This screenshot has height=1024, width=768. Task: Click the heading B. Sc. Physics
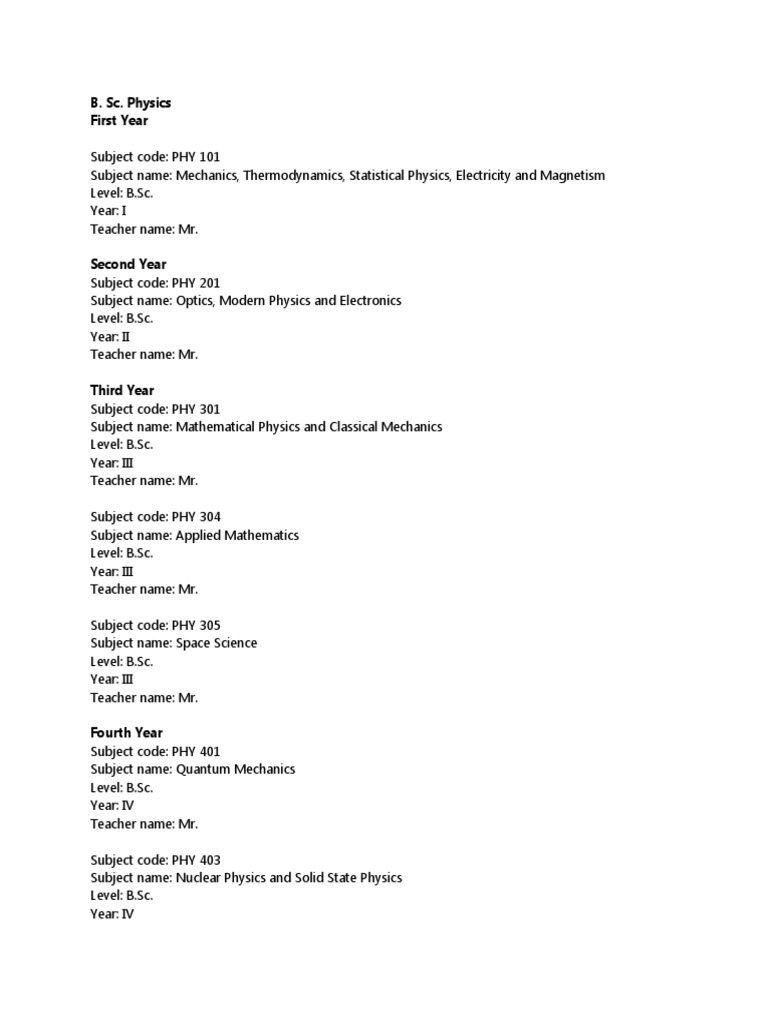point(130,102)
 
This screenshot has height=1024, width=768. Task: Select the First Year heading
point(119,120)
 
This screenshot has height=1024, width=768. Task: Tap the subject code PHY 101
point(196,157)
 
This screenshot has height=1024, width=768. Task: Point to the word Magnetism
point(572,175)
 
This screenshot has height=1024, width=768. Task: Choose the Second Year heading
point(129,264)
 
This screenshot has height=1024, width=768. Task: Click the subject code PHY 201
point(196,283)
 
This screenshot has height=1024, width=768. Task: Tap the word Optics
point(194,300)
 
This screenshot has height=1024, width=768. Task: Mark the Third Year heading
point(122,390)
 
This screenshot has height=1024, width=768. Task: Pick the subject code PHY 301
point(196,409)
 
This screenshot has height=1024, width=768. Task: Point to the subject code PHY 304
point(196,517)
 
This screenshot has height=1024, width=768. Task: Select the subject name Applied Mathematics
point(237,535)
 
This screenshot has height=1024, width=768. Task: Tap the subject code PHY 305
point(196,626)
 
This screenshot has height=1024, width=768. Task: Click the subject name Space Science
point(216,643)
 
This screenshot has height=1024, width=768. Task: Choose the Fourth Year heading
point(126,732)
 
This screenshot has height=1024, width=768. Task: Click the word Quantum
point(203,769)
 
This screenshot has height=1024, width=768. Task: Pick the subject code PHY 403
point(196,860)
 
